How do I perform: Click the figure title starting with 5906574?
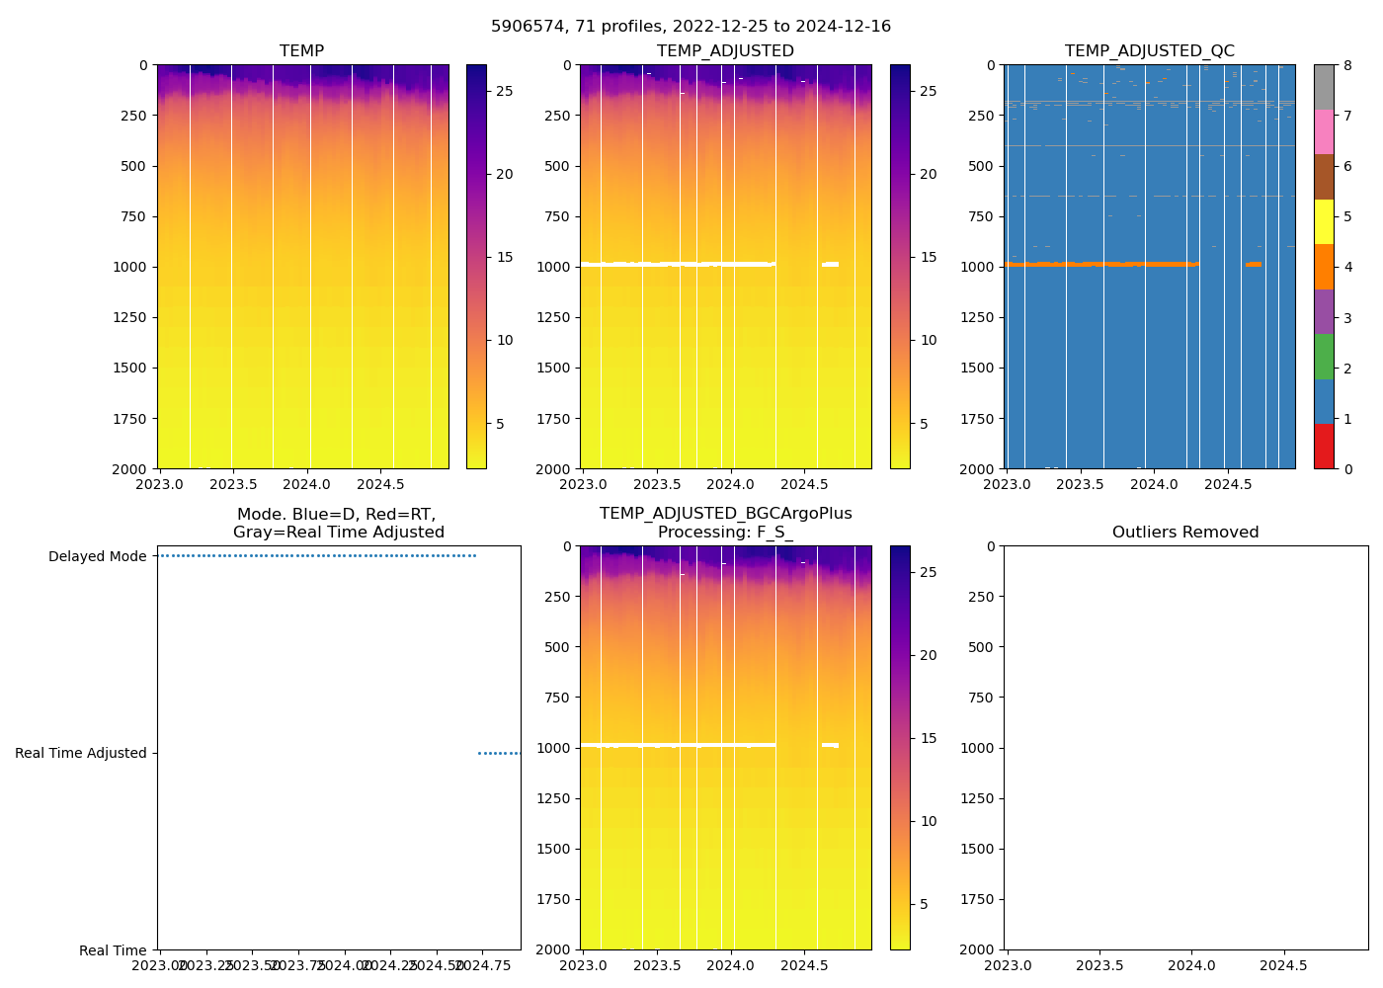pos(691,27)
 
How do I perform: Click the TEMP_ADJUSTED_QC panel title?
pos(1149,51)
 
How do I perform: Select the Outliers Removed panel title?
pos(1185,533)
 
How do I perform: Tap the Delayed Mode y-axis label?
pos(97,556)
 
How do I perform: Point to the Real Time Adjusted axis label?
pos(80,753)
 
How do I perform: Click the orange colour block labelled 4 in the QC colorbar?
pos(1324,267)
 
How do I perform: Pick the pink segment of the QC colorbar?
pos(1324,132)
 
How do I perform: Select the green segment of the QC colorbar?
pos(1324,357)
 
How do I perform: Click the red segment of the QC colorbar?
pos(1324,446)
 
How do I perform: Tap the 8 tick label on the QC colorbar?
pos(1347,65)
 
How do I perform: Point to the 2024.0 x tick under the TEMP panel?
pos(307,484)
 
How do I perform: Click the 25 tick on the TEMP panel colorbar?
pos(504,91)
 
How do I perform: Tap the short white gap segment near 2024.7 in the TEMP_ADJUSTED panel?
pos(830,264)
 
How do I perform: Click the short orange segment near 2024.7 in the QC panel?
pos(1254,264)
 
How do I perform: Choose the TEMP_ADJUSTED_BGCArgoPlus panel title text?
pos(725,514)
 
